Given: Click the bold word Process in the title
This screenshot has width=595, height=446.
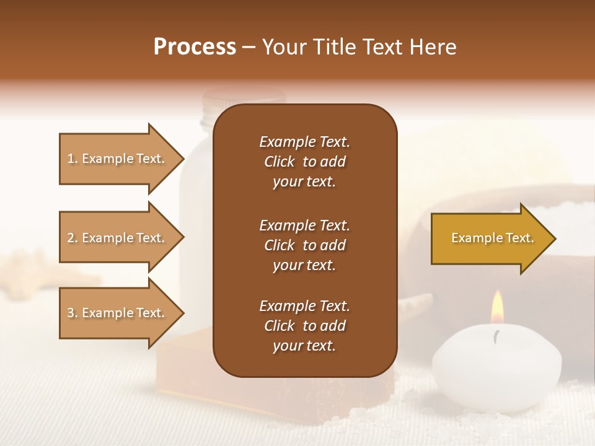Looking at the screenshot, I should (x=195, y=47).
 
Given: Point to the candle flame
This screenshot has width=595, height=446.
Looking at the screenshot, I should (x=497, y=308).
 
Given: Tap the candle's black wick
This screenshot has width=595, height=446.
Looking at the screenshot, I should (x=496, y=336).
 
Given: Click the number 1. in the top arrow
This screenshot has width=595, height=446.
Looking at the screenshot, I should (x=72, y=159).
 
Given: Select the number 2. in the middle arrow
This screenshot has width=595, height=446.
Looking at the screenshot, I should (x=72, y=238).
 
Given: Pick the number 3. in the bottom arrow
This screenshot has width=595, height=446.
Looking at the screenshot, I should (x=72, y=313).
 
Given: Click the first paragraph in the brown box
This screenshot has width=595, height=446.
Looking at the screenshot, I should (x=304, y=162).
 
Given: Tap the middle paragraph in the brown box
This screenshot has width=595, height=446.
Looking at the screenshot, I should (x=304, y=245).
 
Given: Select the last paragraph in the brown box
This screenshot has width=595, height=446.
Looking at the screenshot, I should (x=304, y=326).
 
